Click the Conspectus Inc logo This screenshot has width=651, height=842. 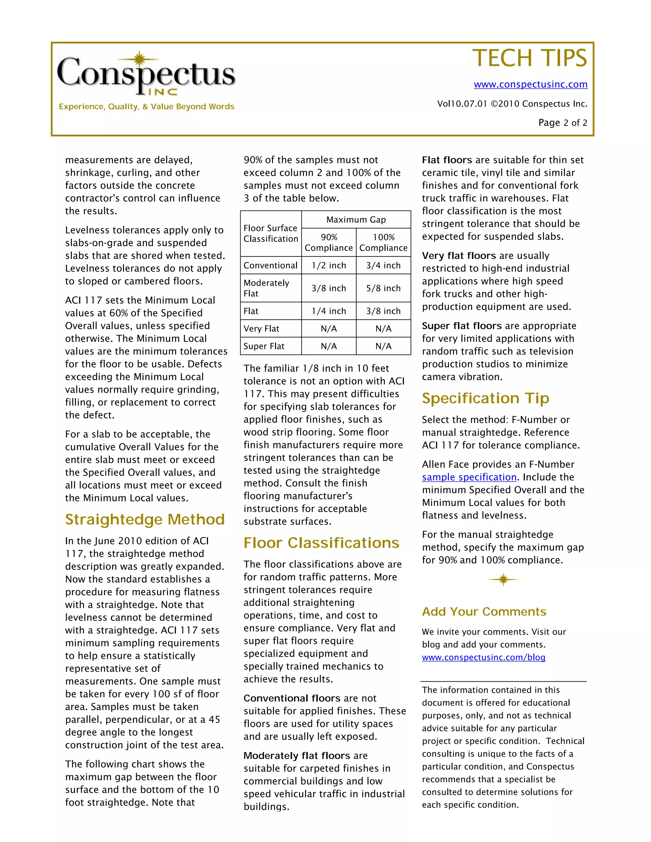146,74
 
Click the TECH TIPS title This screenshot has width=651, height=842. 529,58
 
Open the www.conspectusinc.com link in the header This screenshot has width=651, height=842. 530,85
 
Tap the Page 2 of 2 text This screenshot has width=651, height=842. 562,123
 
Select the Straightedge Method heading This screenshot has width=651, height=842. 145,519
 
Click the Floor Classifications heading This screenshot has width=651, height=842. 321,543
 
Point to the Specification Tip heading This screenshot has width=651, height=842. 485,398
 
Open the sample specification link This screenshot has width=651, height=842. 469,477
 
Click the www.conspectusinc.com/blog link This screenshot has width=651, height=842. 483,657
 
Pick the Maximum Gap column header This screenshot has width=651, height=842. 356,220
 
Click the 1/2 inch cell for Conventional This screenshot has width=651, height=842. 329,265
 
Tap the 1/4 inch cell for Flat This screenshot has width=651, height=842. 329,311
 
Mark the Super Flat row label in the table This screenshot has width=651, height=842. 264,346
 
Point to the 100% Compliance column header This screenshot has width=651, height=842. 383,242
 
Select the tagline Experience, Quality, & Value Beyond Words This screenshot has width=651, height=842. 147,107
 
